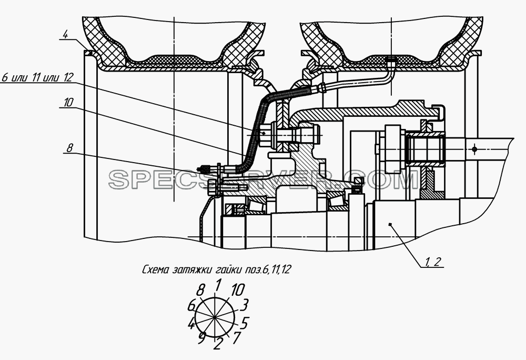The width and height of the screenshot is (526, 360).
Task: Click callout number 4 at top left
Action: click(x=65, y=35)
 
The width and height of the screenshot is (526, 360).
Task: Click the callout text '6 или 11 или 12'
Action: click(x=37, y=77)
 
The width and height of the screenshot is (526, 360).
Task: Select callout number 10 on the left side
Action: click(x=67, y=102)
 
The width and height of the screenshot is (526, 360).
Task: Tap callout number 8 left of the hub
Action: click(x=69, y=147)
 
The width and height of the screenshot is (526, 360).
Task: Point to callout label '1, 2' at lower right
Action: click(x=433, y=262)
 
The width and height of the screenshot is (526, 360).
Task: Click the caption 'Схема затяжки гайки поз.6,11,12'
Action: click(x=216, y=269)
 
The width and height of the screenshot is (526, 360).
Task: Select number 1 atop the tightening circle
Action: click(x=218, y=285)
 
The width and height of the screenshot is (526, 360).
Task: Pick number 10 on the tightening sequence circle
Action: click(x=238, y=290)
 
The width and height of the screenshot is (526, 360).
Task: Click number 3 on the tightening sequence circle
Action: click(x=244, y=305)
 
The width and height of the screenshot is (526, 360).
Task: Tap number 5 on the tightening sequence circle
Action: click(x=244, y=323)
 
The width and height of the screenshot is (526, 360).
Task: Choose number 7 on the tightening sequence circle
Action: click(x=237, y=337)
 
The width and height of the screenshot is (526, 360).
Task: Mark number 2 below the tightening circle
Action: click(x=218, y=344)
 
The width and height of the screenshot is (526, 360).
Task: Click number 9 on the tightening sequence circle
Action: click(x=201, y=338)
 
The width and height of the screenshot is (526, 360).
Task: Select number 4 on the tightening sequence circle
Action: click(x=191, y=324)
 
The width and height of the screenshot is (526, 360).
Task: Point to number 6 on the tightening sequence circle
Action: click(x=191, y=306)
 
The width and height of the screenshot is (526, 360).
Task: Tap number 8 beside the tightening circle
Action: click(x=200, y=290)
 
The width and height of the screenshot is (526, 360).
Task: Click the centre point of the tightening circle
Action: click(x=215, y=317)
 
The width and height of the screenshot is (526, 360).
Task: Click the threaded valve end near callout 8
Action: click(x=204, y=167)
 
